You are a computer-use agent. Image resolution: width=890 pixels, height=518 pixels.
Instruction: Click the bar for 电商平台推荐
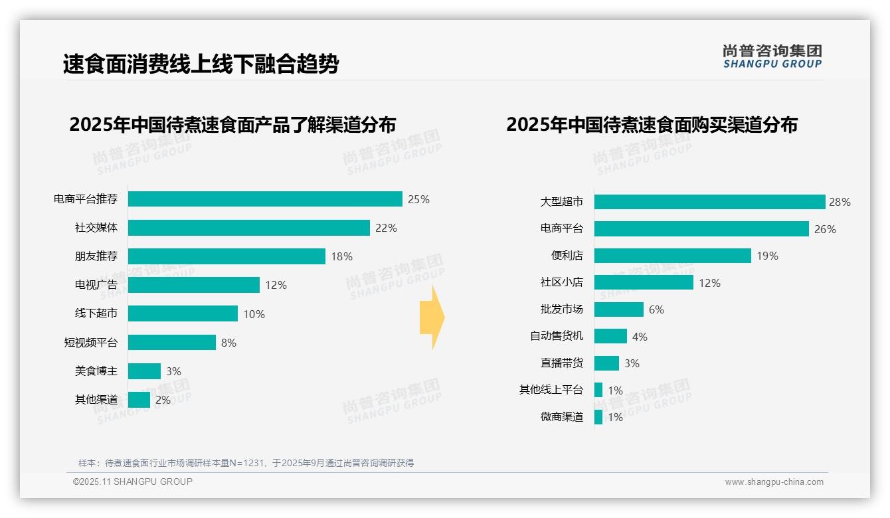(x=265, y=199)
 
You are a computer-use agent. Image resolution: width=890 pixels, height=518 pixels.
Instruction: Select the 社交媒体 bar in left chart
(x=248, y=228)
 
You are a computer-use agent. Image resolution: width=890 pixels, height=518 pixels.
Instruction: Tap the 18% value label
(x=341, y=256)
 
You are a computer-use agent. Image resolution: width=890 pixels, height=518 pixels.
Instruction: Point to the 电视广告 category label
(x=96, y=285)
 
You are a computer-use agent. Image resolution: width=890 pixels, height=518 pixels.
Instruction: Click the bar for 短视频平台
(x=171, y=343)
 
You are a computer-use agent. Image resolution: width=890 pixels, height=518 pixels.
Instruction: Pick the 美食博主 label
(x=96, y=371)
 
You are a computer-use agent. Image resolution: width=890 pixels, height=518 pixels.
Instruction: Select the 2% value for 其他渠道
(x=163, y=400)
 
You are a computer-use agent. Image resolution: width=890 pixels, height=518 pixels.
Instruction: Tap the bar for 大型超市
(x=709, y=202)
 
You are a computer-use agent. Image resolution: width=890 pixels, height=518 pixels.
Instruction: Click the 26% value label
(x=825, y=229)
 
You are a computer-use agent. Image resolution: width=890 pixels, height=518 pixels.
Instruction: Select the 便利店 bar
(x=672, y=256)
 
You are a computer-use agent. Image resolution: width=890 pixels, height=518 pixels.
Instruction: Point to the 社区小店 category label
(x=562, y=283)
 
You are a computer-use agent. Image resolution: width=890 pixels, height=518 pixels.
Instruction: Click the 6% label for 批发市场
(x=656, y=309)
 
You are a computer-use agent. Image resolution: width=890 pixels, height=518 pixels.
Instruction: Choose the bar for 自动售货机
(x=610, y=336)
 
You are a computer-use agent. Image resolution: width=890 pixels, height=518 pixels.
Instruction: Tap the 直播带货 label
(x=562, y=363)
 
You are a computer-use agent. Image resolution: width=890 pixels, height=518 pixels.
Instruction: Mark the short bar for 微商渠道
(x=598, y=417)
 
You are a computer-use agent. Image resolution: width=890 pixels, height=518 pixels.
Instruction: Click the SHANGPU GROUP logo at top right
(x=772, y=56)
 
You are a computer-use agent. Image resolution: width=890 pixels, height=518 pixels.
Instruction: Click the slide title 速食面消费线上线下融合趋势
(x=201, y=64)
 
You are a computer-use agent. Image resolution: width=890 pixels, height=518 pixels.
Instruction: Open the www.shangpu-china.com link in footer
(x=774, y=482)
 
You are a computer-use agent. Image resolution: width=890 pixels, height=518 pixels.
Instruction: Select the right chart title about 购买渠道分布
(x=652, y=125)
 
